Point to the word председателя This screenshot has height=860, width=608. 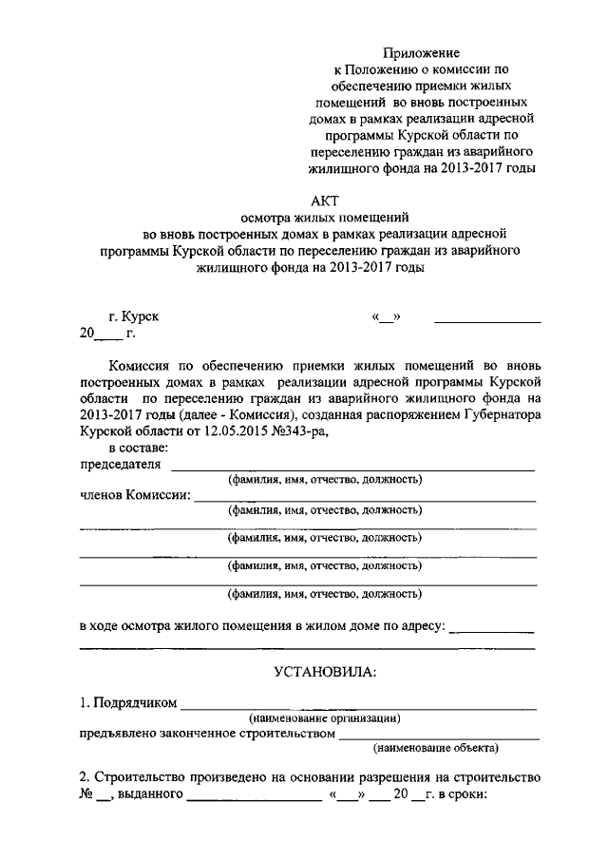120,465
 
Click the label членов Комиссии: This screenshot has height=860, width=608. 134,495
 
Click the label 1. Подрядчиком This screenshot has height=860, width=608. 128,703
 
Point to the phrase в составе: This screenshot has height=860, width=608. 139,449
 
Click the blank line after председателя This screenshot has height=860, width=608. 351,468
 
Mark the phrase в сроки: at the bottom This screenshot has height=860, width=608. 462,794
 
